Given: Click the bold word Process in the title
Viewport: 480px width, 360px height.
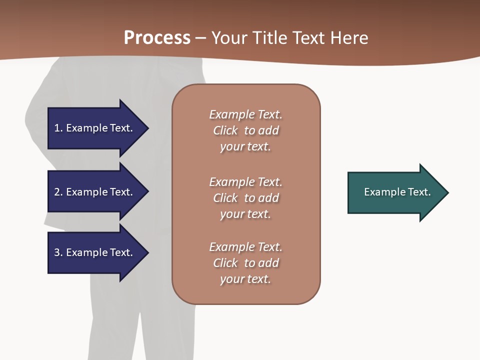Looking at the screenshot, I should click(157, 37).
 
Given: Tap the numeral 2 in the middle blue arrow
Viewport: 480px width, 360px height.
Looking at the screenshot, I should click(57, 192).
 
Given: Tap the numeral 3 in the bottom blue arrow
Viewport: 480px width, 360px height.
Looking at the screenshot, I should click(57, 252).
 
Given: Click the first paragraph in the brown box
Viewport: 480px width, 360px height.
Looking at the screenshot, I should click(245, 130).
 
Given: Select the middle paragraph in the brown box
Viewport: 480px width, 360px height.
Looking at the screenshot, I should click(245, 198).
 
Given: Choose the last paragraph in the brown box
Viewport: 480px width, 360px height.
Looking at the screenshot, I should click(245, 263).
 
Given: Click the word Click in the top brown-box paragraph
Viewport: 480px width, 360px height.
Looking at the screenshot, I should click(225, 130).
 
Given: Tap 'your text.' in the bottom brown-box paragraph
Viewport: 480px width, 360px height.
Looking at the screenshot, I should click(245, 279).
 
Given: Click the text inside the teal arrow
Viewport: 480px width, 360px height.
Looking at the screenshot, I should click(397, 192).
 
